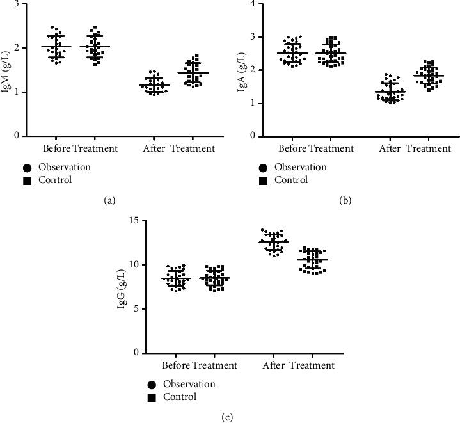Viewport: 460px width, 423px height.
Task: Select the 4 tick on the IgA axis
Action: pos(253,4)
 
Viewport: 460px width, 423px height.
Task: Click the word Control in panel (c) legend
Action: pos(179,397)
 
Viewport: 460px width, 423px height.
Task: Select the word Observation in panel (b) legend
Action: pos(300,167)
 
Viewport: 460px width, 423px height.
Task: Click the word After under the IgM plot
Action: pos(158,148)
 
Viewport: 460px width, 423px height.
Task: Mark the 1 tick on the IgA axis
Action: pos(253,103)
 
